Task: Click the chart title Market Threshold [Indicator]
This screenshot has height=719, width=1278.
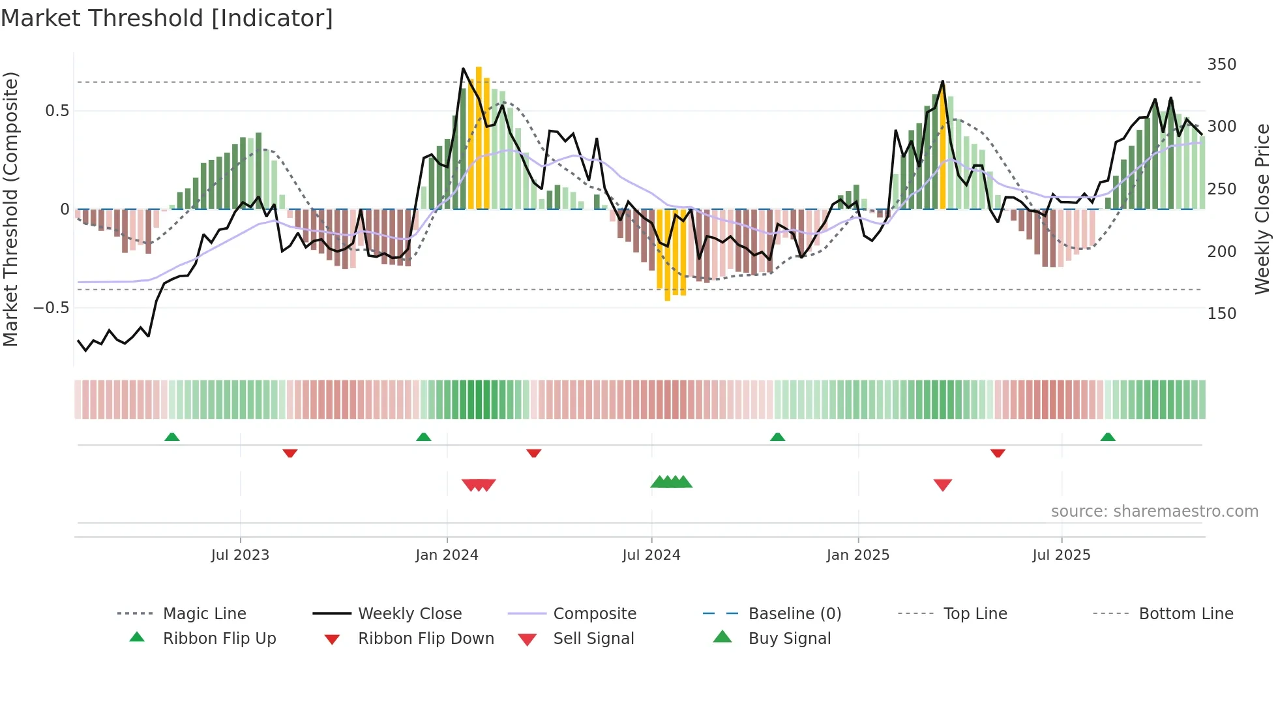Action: [x=167, y=18]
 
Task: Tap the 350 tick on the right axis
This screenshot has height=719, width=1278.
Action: [x=1221, y=65]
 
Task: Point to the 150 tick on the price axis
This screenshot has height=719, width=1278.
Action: [x=1221, y=314]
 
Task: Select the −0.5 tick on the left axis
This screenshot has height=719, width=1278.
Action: [x=51, y=308]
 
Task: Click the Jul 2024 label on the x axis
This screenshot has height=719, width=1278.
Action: [x=651, y=555]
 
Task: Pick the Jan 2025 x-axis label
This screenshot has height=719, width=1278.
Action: [x=857, y=555]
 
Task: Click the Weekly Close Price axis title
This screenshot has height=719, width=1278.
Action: [x=1262, y=209]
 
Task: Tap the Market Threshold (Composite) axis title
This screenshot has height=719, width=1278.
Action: [x=10, y=209]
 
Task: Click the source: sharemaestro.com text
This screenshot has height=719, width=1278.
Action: [x=1154, y=512]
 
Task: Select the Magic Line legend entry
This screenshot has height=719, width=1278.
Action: [x=204, y=614]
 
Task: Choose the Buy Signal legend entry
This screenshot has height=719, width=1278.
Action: [x=789, y=639]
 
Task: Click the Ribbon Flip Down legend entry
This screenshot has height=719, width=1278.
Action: [x=426, y=639]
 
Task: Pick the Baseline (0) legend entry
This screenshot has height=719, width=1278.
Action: [x=794, y=614]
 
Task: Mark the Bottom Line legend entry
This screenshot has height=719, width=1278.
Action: [x=1185, y=614]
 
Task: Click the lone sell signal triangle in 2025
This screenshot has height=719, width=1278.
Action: [x=943, y=485]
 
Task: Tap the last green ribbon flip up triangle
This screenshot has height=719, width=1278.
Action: [x=1108, y=437]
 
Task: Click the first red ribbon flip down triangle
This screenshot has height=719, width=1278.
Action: [x=290, y=453]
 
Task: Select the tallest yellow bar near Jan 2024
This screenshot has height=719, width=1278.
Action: [x=479, y=137]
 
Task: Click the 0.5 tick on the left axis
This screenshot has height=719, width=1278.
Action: [x=57, y=111]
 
